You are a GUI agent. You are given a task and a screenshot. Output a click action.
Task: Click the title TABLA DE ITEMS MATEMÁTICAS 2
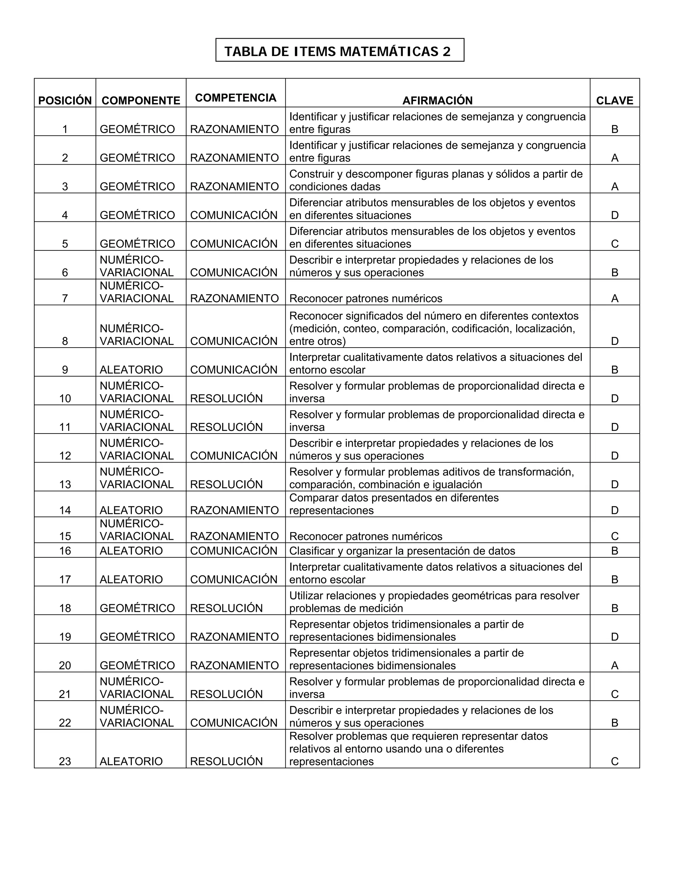337,51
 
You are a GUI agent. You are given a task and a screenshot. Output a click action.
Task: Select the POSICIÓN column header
65,100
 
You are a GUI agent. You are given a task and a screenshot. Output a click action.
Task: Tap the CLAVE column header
615,100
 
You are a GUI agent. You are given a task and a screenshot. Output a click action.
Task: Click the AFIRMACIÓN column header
437,100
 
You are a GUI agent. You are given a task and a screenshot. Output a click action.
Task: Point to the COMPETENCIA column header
236,98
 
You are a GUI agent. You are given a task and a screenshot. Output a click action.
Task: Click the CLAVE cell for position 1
615,129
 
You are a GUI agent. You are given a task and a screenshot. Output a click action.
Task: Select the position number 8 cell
65,341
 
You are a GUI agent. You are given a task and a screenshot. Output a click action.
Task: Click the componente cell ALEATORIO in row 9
131,370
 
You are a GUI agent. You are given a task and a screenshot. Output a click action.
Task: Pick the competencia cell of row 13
226,485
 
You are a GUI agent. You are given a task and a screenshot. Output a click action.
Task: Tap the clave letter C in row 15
615,536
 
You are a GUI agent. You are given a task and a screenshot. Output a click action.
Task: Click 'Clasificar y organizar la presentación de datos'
402,551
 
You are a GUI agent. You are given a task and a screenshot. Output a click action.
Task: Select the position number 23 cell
65,761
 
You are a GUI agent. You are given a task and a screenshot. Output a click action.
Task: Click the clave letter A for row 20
615,665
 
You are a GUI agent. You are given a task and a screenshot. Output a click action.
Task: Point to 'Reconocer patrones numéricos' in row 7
366,298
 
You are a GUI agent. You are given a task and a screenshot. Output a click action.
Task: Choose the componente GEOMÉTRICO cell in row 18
137,608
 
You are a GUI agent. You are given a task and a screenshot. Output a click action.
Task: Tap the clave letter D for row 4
615,215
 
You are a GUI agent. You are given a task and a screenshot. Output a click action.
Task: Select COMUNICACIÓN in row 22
234,723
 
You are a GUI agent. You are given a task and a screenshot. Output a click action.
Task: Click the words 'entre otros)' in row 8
317,341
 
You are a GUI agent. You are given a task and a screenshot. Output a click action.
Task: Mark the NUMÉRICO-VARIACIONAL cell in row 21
136,688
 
